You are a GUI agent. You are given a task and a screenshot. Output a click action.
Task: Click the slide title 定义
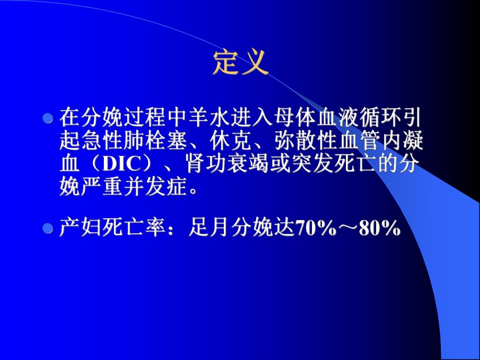[241, 63]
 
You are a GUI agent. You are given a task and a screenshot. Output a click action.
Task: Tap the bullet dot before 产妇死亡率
[48, 228]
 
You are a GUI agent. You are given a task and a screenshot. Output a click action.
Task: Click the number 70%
[316, 229]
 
